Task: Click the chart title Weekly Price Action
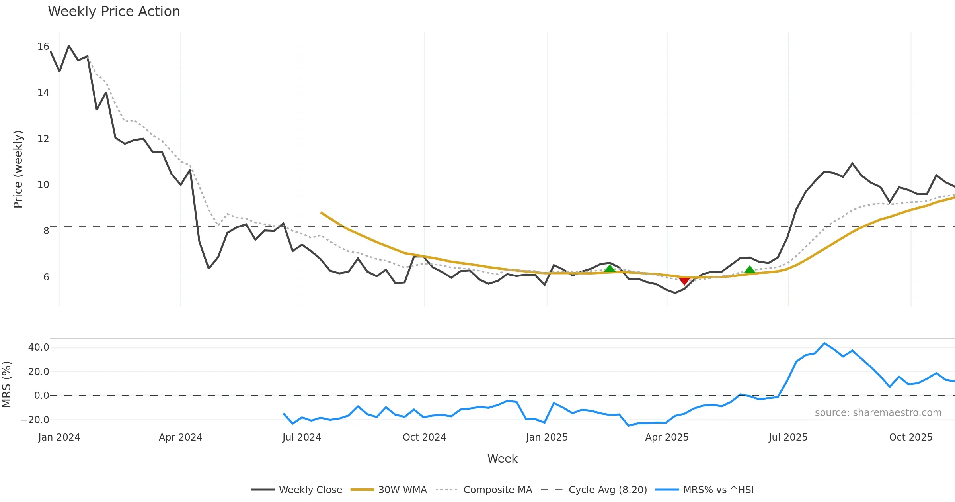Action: [x=114, y=12]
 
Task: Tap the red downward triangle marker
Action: [x=684, y=281]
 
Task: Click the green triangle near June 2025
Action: [x=750, y=270]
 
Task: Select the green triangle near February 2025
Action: [x=610, y=268]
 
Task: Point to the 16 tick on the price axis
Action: [x=43, y=47]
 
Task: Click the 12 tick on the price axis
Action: [x=43, y=139]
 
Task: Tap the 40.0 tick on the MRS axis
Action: [x=39, y=347]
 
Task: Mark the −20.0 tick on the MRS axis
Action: [x=35, y=420]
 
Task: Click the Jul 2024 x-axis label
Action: [x=302, y=437]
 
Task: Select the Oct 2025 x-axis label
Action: [x=910, y=437]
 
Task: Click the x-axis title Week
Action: [x=502, y=459]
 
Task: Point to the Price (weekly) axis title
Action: [x=18, y=169]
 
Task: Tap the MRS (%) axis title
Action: [x=6, y=384]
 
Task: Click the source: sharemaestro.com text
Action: [x=878, y=413]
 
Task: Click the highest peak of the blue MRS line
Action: [x=824, y=343]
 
